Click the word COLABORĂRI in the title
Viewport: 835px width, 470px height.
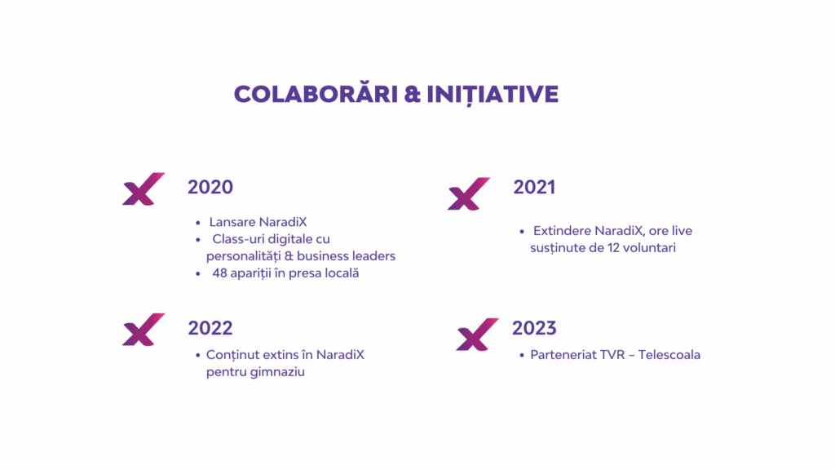(316, 94)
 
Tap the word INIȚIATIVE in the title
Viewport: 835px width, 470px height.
(493, 95)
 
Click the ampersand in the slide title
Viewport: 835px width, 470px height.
(412, 95)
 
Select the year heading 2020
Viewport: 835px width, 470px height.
(210, 187)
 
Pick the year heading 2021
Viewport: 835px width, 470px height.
(534, 187)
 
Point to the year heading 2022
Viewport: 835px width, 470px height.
(210, 328)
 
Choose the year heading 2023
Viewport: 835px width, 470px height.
(534, 328)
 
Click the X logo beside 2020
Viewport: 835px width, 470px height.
(144, 188)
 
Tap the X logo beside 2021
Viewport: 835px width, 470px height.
(469, 193)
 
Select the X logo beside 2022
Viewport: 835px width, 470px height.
(144, 330)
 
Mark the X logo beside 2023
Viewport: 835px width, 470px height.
(477, 334)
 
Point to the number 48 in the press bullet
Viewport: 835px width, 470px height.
(220, 273)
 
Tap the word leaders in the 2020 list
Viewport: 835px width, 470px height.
(373, 255)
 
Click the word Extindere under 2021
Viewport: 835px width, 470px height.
(562, 231)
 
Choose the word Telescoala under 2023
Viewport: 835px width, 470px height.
(669, 354)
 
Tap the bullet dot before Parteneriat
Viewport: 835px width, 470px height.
(522, 356)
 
